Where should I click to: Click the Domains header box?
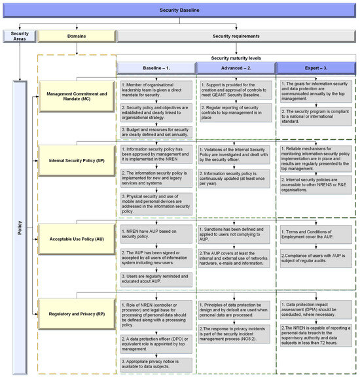point(77,36)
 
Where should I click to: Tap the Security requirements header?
point(236,36)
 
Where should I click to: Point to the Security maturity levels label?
point(236,58)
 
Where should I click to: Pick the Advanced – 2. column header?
point(236,68)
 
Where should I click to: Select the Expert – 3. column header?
point(315,68)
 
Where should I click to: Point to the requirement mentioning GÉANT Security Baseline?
point(234,90)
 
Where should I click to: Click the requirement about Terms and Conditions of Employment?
point(315,234)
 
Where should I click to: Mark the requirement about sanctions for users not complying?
point(234,234)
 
